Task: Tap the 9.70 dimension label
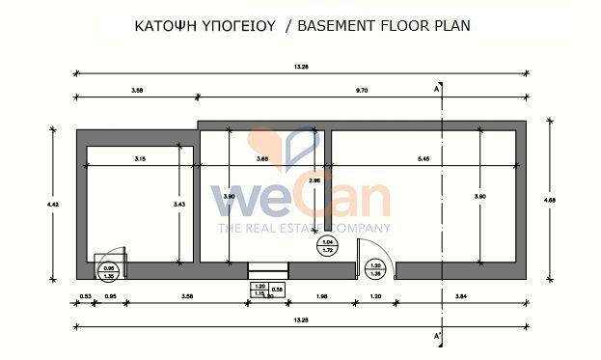pos(363,90)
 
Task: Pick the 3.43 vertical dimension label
pos(178,204)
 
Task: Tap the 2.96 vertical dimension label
pos(314,180)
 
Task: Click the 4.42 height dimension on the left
pos(52,204)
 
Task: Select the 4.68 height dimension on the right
pos(549,201)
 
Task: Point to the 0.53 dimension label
pos(85,296)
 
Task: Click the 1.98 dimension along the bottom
pos(323,296)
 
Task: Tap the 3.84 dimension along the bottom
pos(461,296)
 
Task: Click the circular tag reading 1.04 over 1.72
pos(327,246)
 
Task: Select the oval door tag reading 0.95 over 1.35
pos(109,271)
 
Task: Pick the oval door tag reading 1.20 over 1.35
pos(377,269)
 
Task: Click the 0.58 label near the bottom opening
pos(278,290)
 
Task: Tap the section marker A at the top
pos(437,88)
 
